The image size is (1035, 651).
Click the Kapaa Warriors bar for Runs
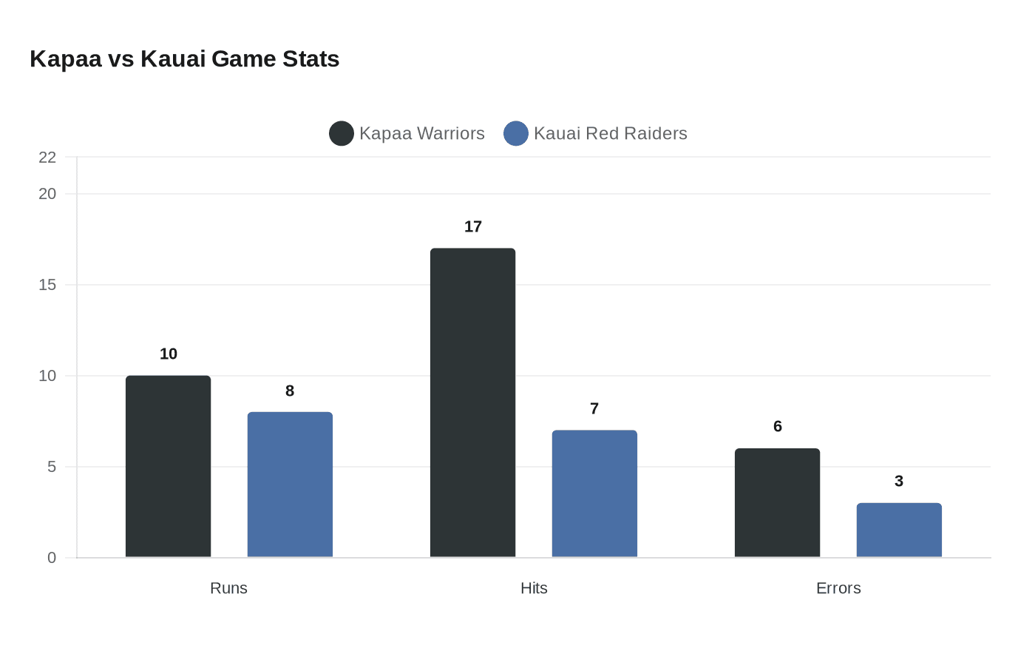(168, 466)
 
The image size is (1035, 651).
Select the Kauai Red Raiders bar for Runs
(290, 485)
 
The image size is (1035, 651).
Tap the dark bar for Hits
(472, 403)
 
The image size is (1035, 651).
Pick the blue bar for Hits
(594, 493)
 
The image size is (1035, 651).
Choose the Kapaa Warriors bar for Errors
(777, 503)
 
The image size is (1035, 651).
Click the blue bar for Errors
(899, 530)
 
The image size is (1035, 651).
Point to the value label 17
(473, 227)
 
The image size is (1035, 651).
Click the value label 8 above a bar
(290, 391)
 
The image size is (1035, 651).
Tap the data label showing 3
(899, 482)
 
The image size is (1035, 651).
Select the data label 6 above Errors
(778, 427)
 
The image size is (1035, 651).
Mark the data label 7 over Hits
(594, 409)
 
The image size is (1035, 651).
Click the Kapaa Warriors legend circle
(342, 134)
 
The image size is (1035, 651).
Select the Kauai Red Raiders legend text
(610, 134)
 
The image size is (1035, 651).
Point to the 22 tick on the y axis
(47, 158)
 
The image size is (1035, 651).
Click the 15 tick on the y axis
(47, 285)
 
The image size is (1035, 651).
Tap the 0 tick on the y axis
(52, 558)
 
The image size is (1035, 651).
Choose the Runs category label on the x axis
(228, 588)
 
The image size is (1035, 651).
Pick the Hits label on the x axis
(534, 588)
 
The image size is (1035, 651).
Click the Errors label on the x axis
(838, 588)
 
